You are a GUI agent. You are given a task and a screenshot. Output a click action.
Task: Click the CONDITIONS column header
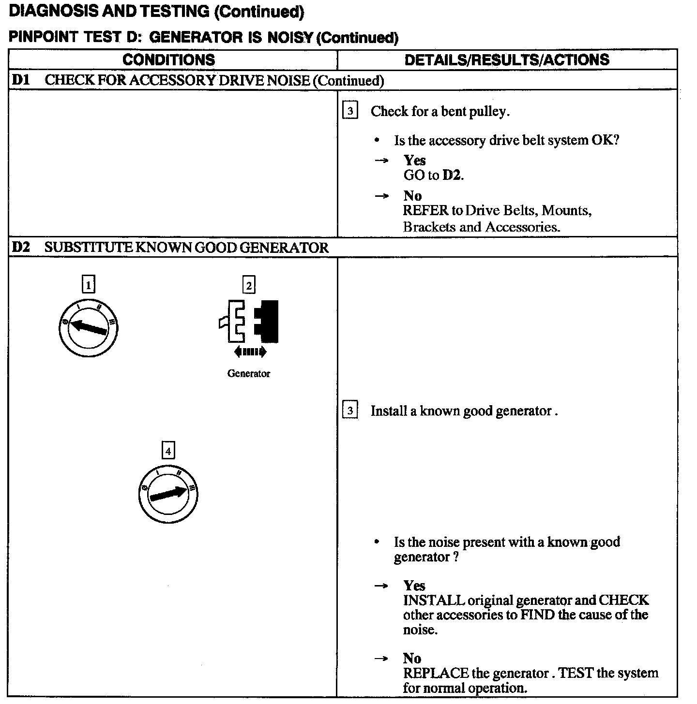point(168,60)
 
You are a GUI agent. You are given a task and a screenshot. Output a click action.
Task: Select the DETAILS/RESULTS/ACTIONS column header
point(507,60)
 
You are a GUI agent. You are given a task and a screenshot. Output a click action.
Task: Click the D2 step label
point(20,248)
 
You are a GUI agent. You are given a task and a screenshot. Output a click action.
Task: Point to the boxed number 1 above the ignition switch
point(88,285)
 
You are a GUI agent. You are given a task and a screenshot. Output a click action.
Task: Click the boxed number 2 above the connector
point(249,285)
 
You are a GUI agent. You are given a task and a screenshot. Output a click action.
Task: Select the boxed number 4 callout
point(168,451)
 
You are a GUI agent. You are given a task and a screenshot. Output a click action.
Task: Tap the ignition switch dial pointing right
point(168,494)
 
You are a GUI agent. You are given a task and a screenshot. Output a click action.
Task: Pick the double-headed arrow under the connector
point(249,352)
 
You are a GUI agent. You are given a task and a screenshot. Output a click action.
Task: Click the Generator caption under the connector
point(249,374)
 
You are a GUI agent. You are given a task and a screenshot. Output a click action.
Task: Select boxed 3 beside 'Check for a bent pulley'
point(350,111)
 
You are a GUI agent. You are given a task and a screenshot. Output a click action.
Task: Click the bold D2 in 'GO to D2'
point(452,175)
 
